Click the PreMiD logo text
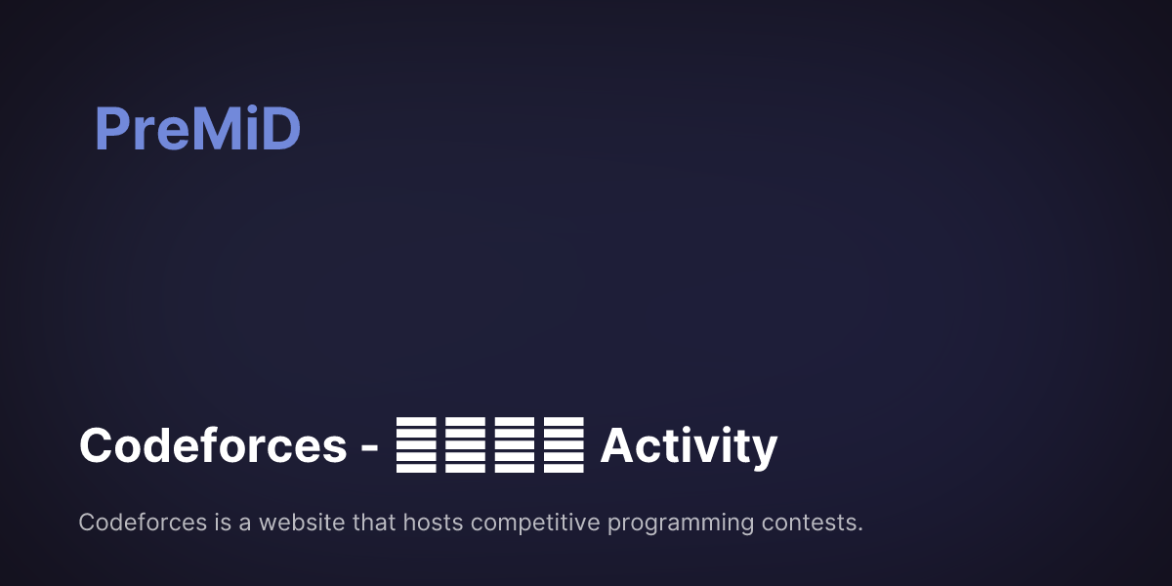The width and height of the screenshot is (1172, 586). tap(197, 129)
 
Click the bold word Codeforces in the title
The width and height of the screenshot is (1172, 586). tap(213, 446)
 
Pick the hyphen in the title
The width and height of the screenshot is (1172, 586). tap(370, 448)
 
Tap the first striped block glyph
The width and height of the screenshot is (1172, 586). tap(415, 445)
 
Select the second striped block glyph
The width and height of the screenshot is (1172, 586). tap(464, 445)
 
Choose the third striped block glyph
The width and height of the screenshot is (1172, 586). tap(514, 445)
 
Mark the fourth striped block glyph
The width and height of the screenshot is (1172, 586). tap(563, 445)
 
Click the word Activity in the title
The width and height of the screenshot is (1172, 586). tap(689, 446)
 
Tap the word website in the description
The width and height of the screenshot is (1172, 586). tap(302, 523)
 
